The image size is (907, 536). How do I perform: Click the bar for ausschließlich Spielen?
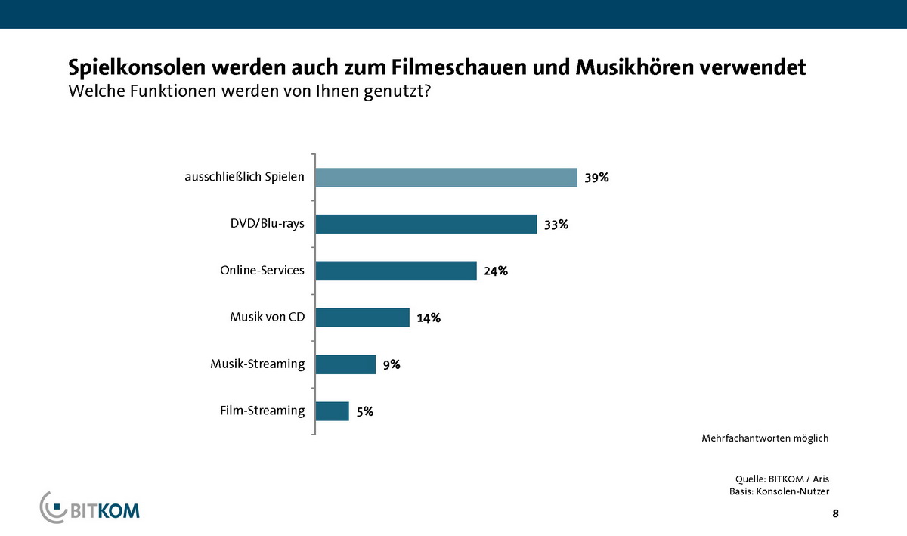click(446, 178)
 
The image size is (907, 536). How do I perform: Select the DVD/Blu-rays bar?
click(426, 224)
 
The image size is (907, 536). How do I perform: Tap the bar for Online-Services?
click(395, 271)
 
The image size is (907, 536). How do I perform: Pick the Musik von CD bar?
click(362, 318)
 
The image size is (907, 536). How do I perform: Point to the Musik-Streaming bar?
click(345, 364)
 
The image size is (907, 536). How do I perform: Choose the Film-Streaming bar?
click(332, 411)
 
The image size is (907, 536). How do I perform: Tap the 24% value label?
click(496, 271)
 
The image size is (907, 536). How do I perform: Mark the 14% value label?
click(429, 318)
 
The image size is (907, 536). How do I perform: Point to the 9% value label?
click(391, 365)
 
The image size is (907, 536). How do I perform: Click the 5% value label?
click(364, 412)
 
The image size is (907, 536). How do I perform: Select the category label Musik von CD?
click(267, 318)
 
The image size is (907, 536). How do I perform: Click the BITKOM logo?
click(90, 507)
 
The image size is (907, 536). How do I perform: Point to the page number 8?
click(835, 514)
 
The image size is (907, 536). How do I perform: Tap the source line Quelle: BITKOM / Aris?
click(787, 479)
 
